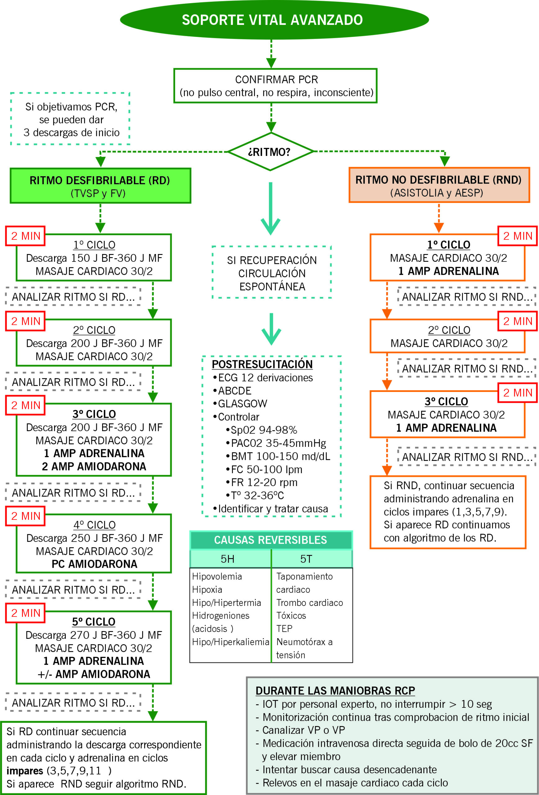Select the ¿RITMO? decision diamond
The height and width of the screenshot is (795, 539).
pos(270,152)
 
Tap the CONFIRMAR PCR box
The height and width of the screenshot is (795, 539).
pos(276,86)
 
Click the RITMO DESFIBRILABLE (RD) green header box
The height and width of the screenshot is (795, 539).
pos(100,186)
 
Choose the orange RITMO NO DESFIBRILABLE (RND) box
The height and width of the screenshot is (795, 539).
pos(439,185)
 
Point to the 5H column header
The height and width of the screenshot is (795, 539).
pos(228,559)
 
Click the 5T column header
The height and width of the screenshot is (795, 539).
pos(306,559)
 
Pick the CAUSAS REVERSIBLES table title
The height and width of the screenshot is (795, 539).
pos(270,540)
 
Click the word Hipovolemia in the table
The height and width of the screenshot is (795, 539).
pos(217,576)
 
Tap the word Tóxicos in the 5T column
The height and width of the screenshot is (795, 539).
pos(291,616)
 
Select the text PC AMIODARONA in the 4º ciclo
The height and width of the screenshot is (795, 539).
pos(94,564)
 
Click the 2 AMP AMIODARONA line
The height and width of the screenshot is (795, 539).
pos(94,466)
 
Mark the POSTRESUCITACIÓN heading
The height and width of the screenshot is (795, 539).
pos(262,364)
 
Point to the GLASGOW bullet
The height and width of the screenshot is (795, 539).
pos(242,404)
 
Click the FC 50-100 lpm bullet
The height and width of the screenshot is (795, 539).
pos(266,469)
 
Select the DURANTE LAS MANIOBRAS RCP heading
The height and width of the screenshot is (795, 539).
pos(335,691)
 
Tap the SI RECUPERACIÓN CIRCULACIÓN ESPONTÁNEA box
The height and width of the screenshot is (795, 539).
pos(272,273)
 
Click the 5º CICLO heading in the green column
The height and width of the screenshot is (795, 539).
pos(93,622)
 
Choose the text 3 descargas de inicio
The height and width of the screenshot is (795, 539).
pos(71,132)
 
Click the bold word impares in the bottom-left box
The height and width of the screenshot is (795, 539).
pos(25,771)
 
